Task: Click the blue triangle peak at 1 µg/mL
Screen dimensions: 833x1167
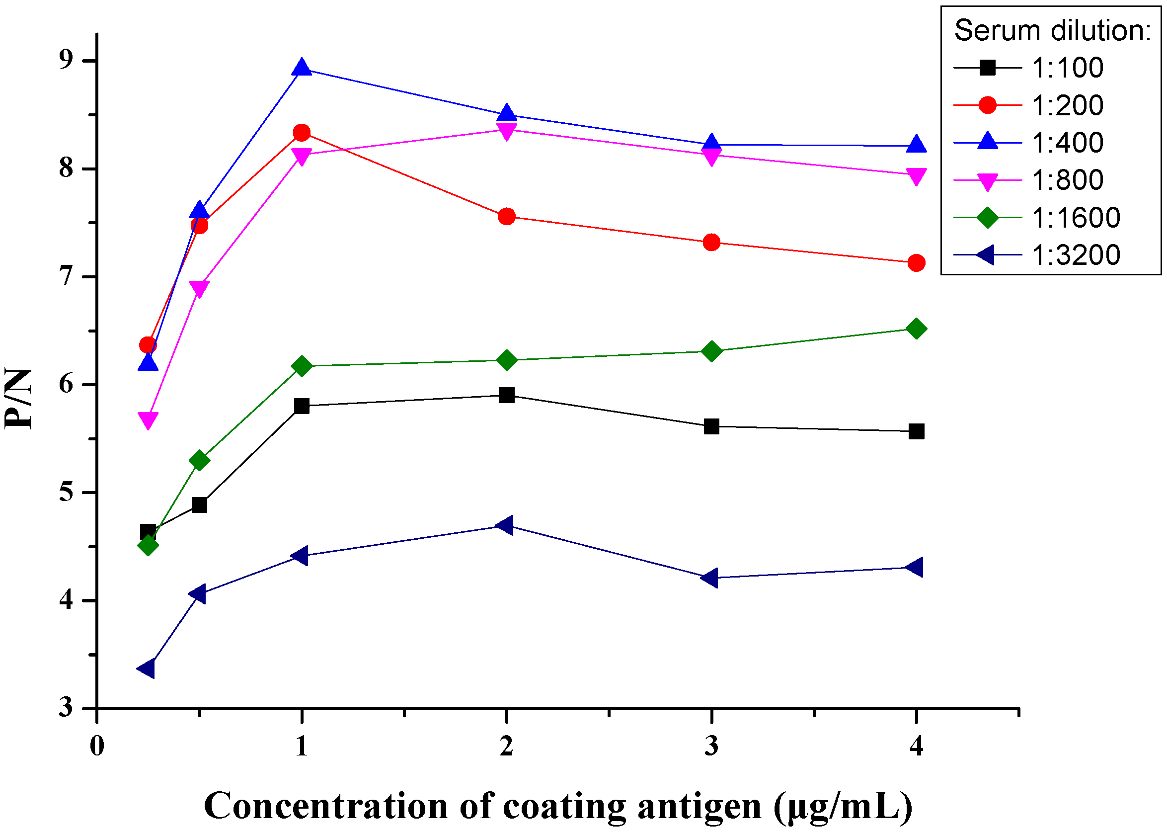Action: click(x=302, y=68)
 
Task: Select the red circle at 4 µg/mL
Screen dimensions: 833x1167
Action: click(x=916, y=263)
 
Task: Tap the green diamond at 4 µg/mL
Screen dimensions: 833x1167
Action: click(x=916, y=329)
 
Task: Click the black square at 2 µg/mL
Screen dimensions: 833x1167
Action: click(x=506, y=395)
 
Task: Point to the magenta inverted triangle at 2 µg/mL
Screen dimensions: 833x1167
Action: click(x=506, y=131)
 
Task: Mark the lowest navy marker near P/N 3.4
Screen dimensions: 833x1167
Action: click(x=147, y=669)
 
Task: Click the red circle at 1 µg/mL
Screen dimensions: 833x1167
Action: click(x=302, y=133)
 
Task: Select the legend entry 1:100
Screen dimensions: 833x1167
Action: click(x=1067, y=68)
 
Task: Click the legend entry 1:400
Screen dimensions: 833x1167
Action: click(x=1067, y=143)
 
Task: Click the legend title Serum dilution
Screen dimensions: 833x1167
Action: click(x=1052, y=31)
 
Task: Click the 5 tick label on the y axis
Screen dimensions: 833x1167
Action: click(x=67, y=493)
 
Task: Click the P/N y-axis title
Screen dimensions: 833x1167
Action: click(x=18, y=399)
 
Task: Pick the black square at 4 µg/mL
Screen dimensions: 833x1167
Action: click(x=916, y=431)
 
